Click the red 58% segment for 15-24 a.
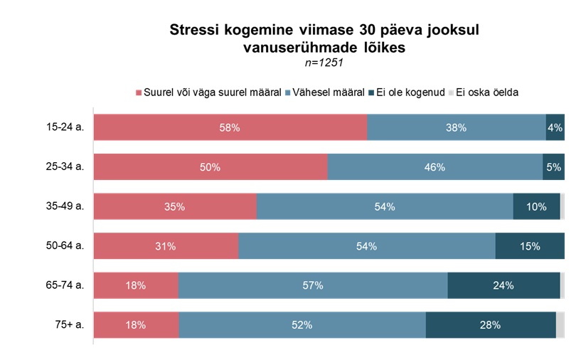pos(230,128)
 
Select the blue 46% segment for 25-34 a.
pos(435,167)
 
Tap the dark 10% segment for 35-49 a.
pos(536,207)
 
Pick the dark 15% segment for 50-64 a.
pos(530,246)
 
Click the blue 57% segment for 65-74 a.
pos(313,286)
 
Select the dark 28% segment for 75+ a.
pos(491,325)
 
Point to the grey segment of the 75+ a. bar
pos(560,325)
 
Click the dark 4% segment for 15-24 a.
pos(555,128)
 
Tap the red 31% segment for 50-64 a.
pos(166,246)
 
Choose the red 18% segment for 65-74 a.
pos(137,286)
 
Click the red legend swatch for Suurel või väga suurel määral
pos(139,92)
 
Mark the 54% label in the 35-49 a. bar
pos(385,207)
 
